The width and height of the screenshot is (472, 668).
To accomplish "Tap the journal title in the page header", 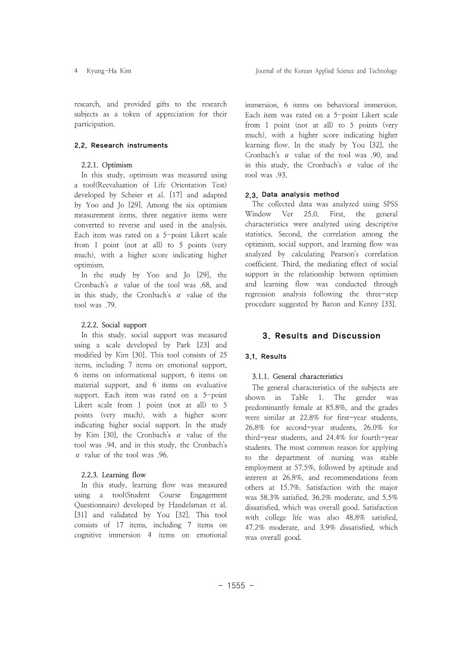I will click(x=326, y=71).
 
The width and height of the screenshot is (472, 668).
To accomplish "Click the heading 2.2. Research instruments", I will click(x=121, y=145).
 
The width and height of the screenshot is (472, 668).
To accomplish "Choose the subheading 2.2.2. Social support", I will click(x=114, y=325).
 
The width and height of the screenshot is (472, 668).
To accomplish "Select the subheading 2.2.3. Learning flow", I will click(x=113, y=475).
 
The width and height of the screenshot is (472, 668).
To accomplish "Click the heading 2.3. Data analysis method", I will click(x=292, y=194).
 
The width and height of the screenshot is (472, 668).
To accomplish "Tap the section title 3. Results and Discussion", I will click(x=321, y=335).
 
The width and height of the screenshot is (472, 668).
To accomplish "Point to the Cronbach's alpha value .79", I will click(x=110, y=305).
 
